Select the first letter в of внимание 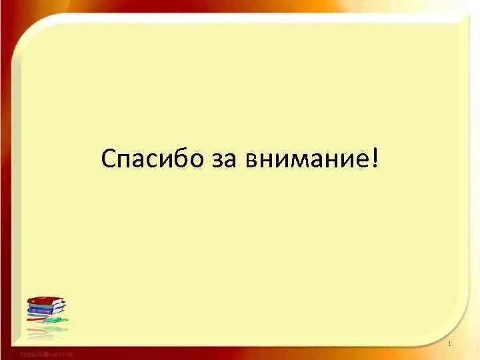coord(251,161)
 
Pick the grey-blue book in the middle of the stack coord(45,309)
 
